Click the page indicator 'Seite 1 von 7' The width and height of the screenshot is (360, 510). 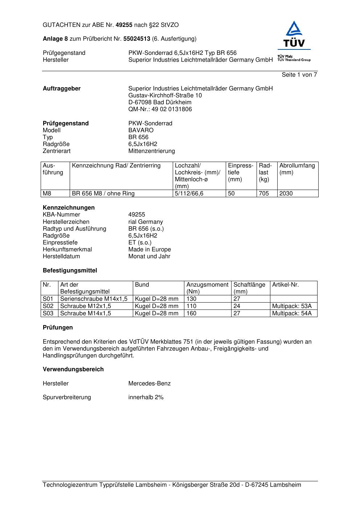click(299, 75)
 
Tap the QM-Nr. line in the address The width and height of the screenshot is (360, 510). click(160, 109)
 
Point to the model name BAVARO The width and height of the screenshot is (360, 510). click(141, 130)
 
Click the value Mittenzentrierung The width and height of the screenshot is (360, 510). click(151, 151)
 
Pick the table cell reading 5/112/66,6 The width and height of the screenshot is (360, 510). click(189, 194)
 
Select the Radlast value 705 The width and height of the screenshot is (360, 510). click(264, 194)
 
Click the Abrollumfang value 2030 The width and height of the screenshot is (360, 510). click(286, 194)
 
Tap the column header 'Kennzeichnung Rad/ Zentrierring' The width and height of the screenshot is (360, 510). click(116, 166)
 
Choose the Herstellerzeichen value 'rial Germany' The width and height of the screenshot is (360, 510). click(146, 222)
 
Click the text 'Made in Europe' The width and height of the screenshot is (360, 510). click(150, 250)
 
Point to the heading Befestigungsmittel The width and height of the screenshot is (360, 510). click(70, 271)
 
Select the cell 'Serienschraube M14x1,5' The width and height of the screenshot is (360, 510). click(94, 299)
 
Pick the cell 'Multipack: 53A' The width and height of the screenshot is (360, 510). click(292, 306)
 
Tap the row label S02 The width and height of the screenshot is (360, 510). click(48, 306)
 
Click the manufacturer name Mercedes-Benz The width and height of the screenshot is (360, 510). click(150, 384)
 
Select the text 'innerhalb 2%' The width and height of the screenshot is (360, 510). click(146, 397)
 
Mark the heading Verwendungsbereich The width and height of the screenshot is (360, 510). click(73, 369)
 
